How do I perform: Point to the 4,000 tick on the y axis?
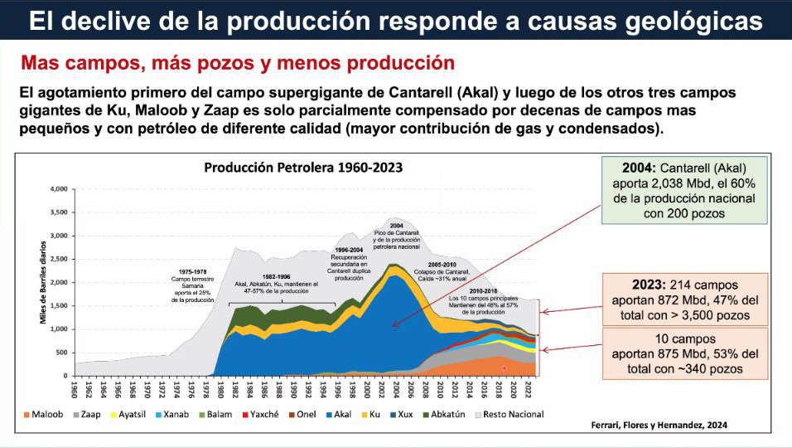pos(57,189)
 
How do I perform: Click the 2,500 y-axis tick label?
pos(57,259)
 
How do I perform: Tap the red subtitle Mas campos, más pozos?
pos(238,62)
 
